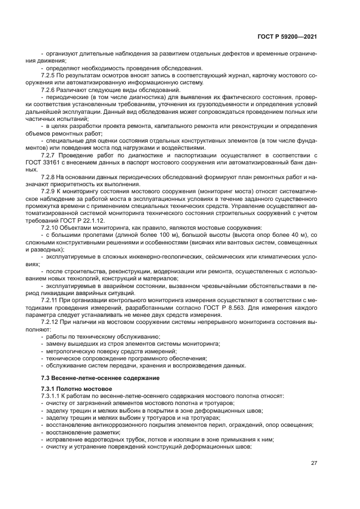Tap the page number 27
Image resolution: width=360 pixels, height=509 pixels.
314,463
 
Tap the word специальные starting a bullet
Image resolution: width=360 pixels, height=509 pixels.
63,140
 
